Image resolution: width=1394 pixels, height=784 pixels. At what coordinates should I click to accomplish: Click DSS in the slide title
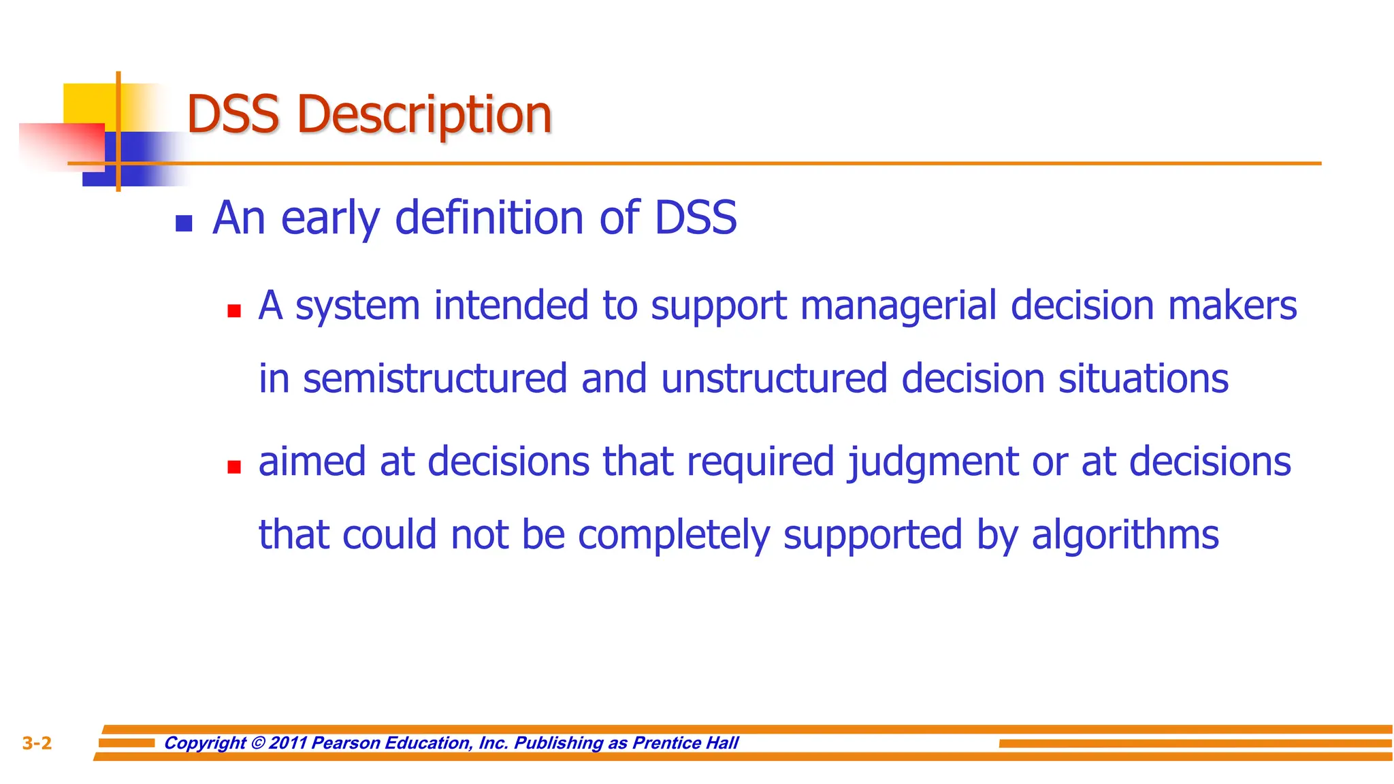pos(233,114)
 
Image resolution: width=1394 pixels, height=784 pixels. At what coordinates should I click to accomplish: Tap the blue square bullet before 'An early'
pos(184,223)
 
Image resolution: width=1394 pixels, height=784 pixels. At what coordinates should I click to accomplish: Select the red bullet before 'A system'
pos(234,311)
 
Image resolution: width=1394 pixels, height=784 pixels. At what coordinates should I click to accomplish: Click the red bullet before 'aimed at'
pos(234,467)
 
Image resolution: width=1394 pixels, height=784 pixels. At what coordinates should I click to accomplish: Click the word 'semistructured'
pos(434,379)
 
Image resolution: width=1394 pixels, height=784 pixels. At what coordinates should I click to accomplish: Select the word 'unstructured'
pos(774,379)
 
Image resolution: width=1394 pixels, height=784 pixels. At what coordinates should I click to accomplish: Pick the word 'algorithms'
pos(1124,536)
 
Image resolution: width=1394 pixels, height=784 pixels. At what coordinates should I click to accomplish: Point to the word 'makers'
pos(1232,305)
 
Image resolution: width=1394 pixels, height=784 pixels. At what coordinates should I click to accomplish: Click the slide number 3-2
pos(37,743)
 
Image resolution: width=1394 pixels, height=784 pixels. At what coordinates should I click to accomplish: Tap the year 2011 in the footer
pos(289,742)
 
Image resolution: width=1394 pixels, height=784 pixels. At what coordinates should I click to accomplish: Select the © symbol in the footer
pos(257,742)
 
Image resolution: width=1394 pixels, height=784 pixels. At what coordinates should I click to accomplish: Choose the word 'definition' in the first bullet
pos(489,218)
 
